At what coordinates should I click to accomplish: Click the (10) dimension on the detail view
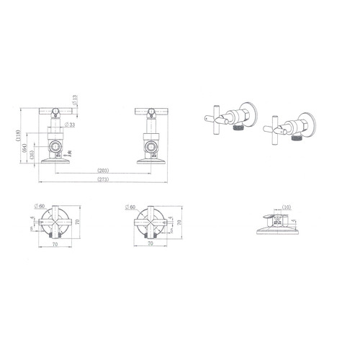point(287,207)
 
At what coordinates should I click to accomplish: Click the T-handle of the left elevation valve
point(52,110)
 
